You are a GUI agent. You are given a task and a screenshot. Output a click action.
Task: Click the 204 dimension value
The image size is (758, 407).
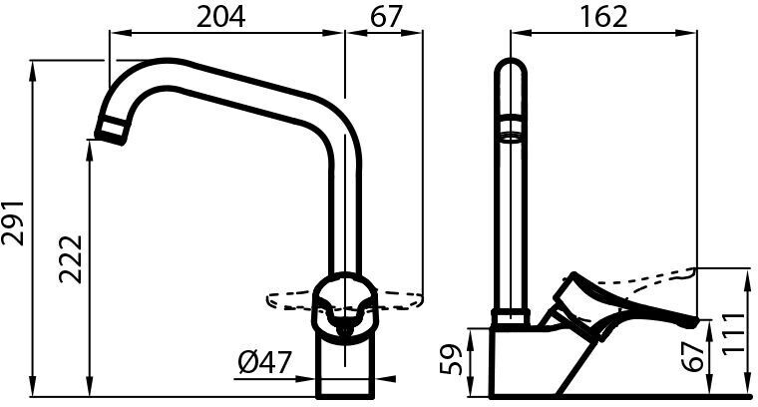(221, 17)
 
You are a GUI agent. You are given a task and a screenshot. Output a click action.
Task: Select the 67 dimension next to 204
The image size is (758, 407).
(386, 17)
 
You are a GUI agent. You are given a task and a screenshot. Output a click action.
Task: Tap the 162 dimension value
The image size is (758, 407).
(603, 17)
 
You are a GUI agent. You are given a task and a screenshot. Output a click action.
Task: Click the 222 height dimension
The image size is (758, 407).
(71, 259)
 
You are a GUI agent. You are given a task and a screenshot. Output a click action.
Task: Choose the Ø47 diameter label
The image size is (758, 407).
(265, 362)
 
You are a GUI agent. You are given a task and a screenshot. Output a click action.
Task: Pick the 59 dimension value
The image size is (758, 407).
(452, 360)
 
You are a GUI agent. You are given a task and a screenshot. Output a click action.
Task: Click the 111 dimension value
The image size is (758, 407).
(735, 334)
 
